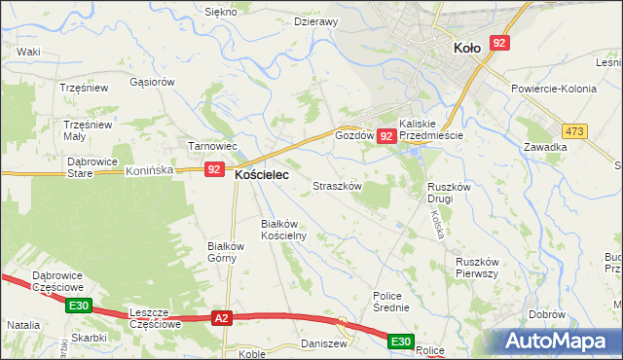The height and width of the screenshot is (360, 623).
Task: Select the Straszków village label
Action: pyautogui.click(x=337, y=185)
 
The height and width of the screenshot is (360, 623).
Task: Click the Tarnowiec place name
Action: pyautogui.click(x=212, y=146)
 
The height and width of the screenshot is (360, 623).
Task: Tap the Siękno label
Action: pyautogui.click(x=221, y=12)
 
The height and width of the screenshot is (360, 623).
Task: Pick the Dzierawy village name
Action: pyautogui.click(x=315, y=21)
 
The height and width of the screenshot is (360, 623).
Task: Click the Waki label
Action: pyautogui.click(x=28, y=51)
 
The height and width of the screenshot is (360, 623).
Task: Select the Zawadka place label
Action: pyautogui.click(x=544, y=147)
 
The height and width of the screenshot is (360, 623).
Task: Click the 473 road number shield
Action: pyautogui.click(x=576, y=131)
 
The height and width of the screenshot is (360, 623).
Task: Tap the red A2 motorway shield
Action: pyautogui.click(x=222, y=318)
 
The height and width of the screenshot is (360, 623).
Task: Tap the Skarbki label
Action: pyautogui.click(x=89, y=337)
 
